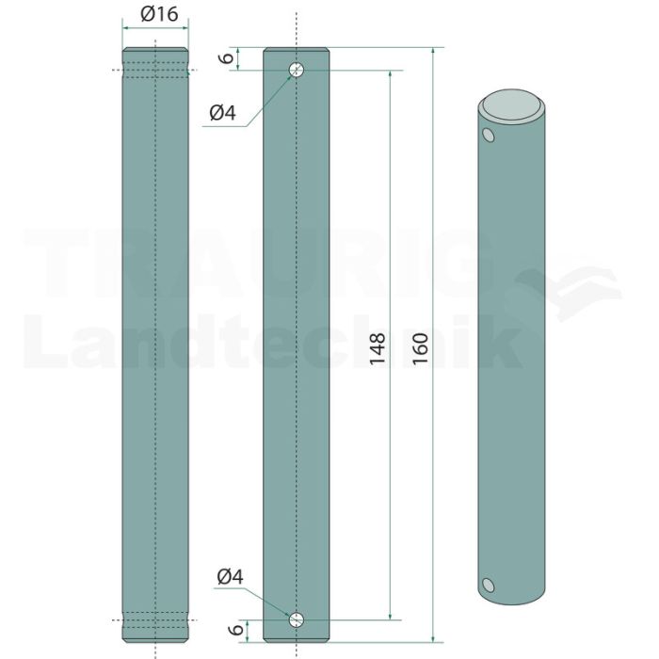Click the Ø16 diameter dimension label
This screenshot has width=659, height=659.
point(159,14)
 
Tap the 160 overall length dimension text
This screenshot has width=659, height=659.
point(420,349)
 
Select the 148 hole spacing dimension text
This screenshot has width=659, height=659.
point(378,349)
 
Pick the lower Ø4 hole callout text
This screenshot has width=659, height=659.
point(231,576)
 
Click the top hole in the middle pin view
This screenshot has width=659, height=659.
point(297,70)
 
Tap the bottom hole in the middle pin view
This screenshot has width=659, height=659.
point(297,619)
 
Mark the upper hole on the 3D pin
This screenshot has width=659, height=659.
point(488,135)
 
